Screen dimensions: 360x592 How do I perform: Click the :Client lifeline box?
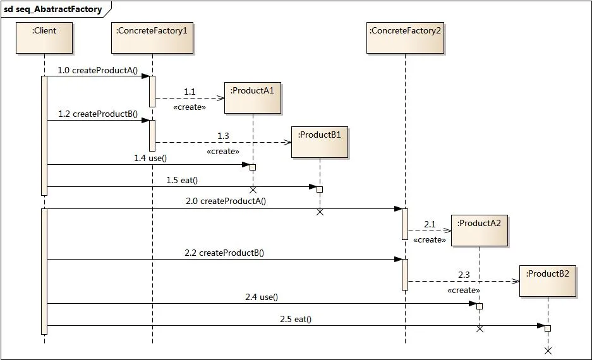tap(44, 38)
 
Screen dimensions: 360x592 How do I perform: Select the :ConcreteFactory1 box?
tap(152, 38)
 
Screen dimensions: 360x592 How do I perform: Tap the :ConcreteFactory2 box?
tap(405, 38)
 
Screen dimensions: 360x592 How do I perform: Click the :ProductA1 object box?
tap(253, 98)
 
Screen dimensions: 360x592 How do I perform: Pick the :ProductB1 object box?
tap(320, 141)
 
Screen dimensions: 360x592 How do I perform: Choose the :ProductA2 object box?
tap(480, 231)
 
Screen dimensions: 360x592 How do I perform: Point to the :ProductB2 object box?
tap(548, 281)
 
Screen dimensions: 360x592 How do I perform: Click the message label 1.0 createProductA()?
tap(98, 70)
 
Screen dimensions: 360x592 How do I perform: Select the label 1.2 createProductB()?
tap(98, 114)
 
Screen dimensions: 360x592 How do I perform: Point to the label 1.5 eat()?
tap(182, 180)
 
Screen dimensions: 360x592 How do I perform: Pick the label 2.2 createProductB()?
tap(224, 253)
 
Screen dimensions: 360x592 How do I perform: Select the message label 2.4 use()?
tap(262, 297)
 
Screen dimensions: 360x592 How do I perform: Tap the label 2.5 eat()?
tap(296, 320)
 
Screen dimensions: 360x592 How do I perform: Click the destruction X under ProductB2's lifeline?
tap(548, 350)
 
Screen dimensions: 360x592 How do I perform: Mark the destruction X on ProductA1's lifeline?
tap(253, 189)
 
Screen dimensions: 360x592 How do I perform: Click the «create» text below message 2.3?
tap(463, 291)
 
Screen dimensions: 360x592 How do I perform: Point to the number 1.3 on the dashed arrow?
tap(224, 136)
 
